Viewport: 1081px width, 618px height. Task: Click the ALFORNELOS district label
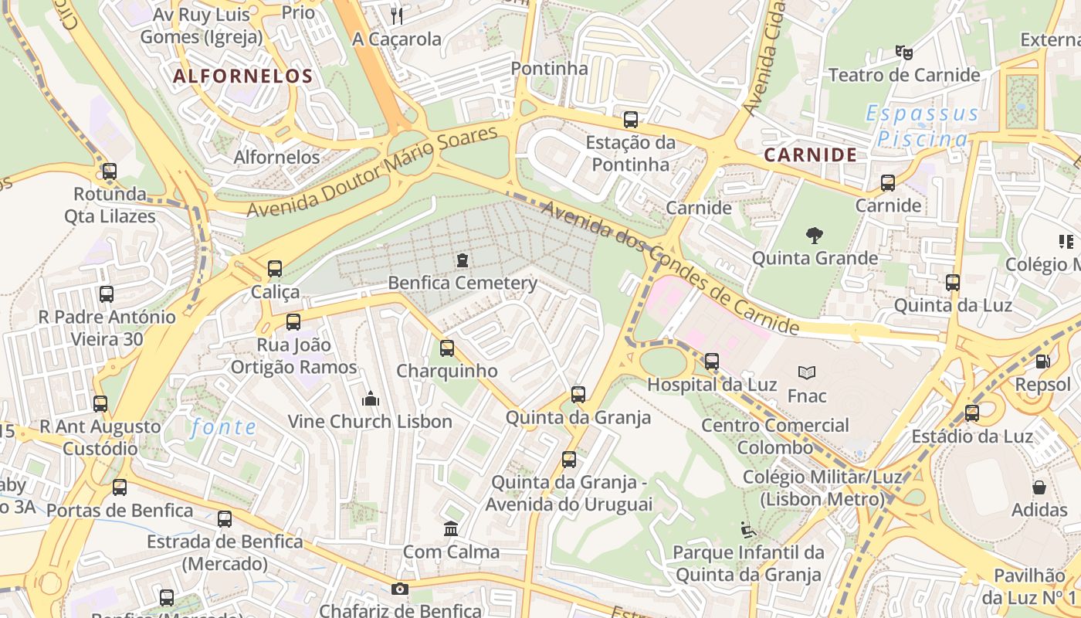242,76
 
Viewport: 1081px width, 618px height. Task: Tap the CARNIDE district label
810,154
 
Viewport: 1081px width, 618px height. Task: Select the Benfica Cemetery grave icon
462,260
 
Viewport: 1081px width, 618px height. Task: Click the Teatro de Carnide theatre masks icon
903,53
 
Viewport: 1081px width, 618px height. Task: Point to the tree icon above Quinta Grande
814,235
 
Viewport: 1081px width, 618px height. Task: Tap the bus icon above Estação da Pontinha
630,120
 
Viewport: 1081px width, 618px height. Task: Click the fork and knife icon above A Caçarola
397,16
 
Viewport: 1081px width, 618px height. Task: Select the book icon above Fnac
807,373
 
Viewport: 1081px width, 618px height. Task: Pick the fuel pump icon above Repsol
1042,361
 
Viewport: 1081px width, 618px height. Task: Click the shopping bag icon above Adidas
1039,487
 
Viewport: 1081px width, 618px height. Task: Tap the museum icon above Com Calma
451,529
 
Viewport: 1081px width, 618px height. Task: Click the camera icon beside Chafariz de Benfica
399,589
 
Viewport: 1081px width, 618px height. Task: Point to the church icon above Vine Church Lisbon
370,399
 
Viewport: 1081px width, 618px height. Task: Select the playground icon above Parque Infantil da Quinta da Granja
747,530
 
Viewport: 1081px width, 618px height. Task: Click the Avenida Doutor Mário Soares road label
372,172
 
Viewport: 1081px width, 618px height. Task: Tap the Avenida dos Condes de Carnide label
669,267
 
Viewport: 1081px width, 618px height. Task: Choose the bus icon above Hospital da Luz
711,361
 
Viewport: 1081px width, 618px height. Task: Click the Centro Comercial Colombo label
774,436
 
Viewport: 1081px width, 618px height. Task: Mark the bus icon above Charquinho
446,348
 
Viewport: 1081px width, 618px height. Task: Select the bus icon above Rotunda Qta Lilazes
110,171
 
